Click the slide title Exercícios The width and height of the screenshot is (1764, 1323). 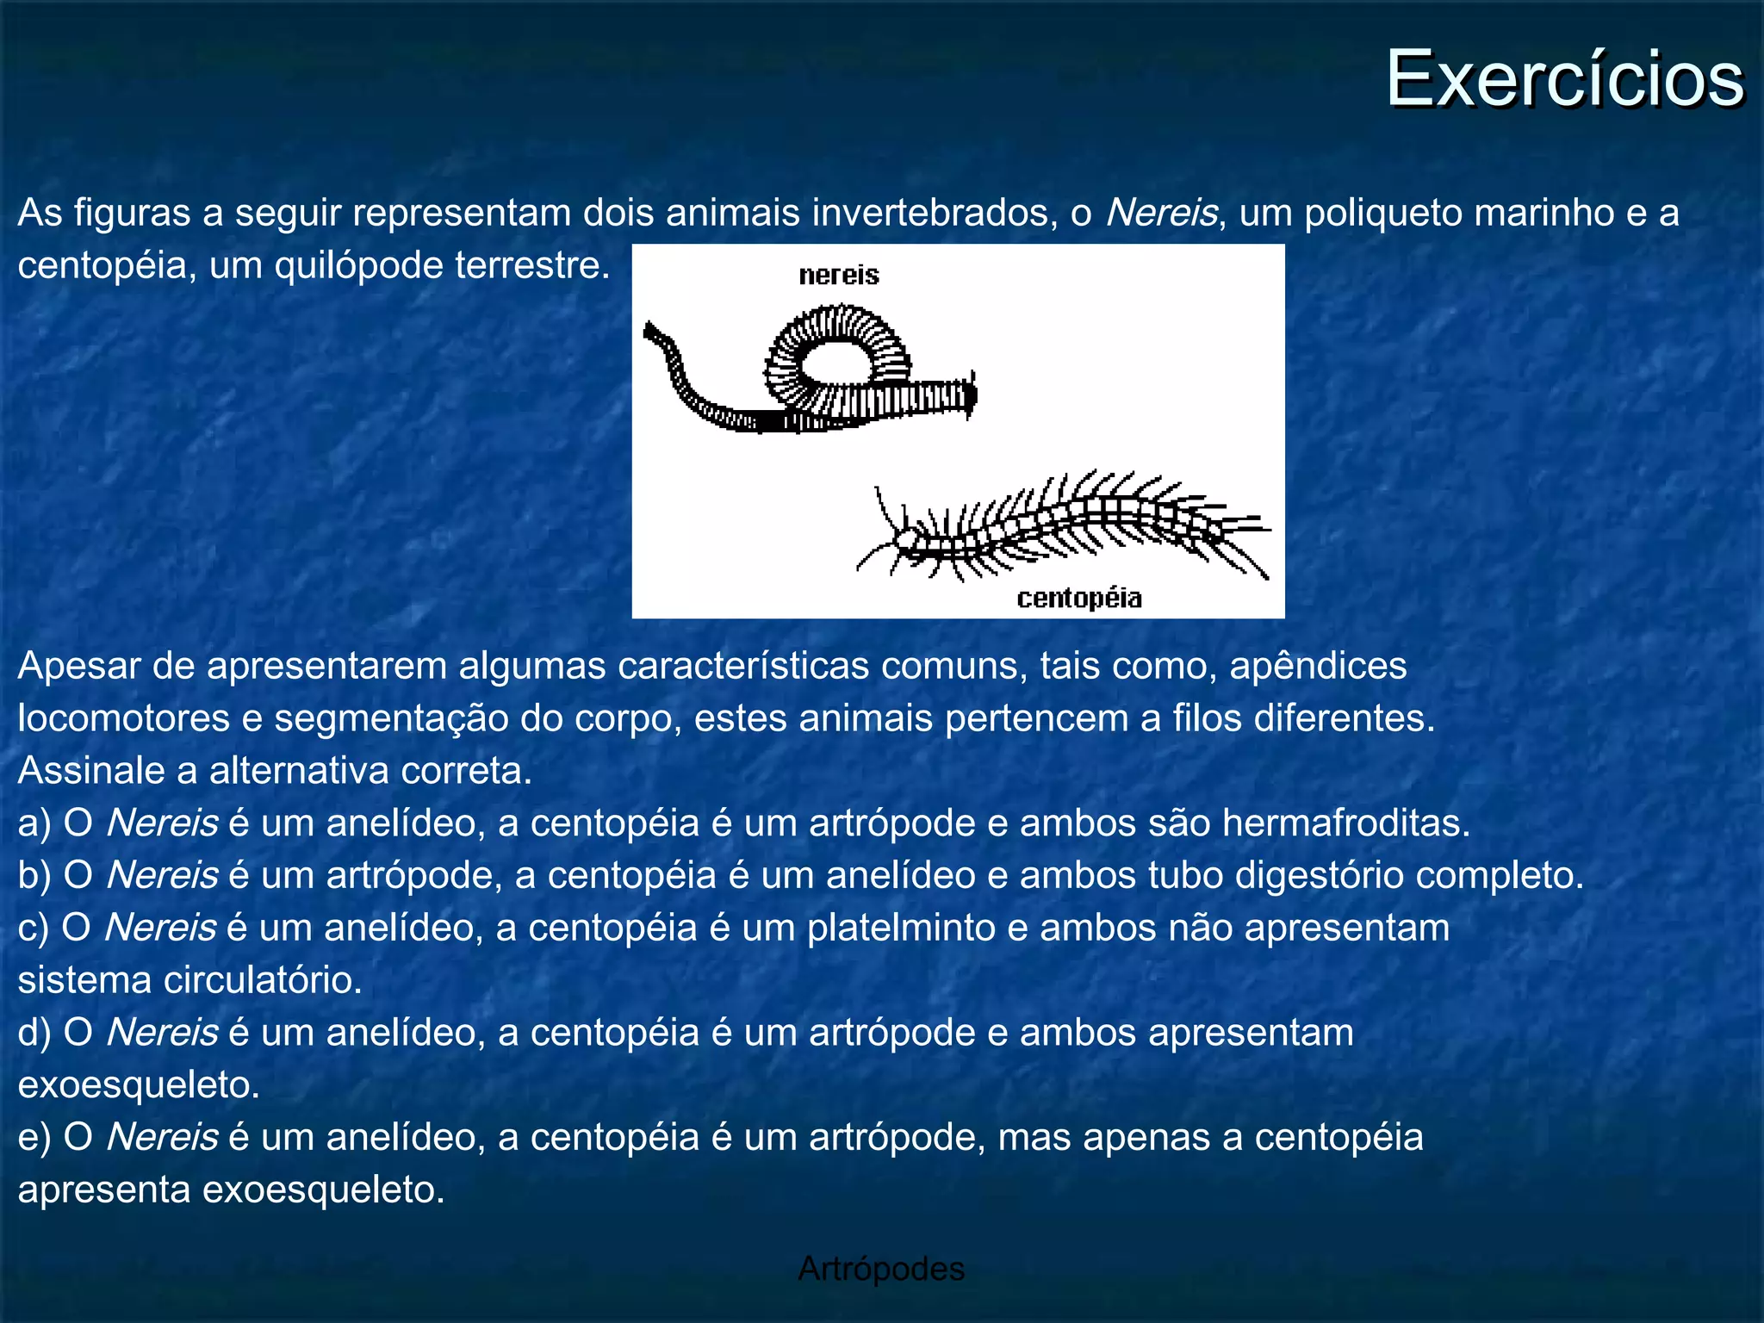point(1563,79)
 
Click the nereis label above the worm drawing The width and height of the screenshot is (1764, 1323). point(838,276)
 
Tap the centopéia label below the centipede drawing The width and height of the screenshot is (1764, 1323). point(1078,598)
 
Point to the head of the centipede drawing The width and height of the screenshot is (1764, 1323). point(904,540)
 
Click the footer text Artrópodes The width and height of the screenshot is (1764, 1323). point(880,1269)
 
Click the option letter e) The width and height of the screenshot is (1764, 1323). point(34,1137)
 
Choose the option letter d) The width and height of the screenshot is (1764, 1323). point(34,1032)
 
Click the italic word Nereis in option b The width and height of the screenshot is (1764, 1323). point(162,875)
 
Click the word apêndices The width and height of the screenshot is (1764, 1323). point(1318,666)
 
